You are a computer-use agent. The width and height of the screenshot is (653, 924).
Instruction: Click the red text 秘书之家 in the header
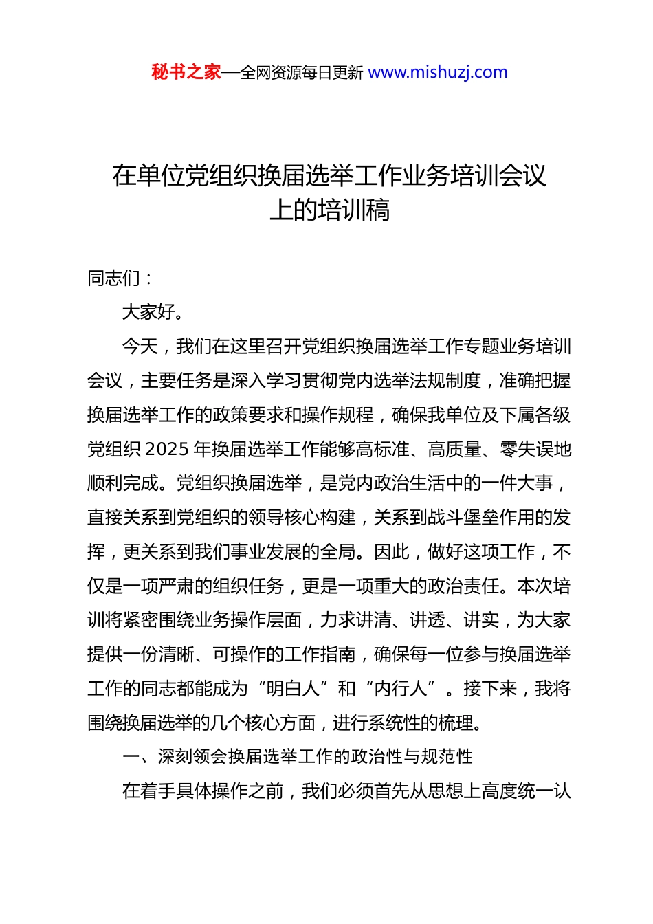coord(186,72)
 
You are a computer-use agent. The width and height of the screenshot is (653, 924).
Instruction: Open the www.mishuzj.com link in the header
coord(438,72)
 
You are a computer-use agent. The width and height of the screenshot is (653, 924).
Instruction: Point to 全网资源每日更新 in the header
coord(302,73)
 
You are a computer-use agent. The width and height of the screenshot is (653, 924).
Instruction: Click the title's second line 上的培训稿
coord(330,210)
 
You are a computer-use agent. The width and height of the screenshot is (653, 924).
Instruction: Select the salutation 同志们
coord(114,278)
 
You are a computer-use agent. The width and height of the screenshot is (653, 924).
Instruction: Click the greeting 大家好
coord(149,312)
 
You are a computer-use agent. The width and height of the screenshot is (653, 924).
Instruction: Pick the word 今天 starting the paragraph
coord(140,346)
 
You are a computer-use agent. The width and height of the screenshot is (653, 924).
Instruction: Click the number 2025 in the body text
coord(168,450)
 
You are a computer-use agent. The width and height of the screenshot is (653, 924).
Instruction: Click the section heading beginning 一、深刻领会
coord(297,757)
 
